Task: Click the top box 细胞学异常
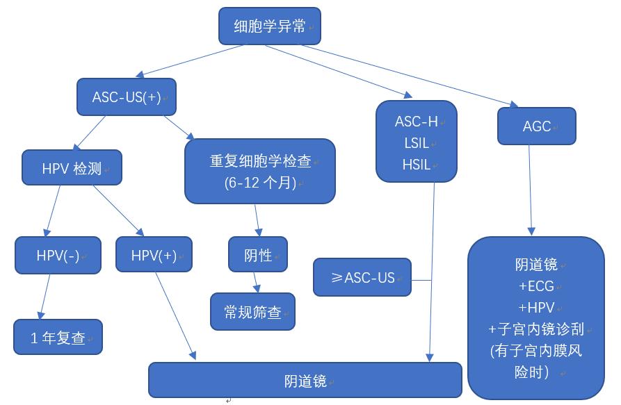click(x=270, y=26)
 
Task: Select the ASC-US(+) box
click(x=125, y=97)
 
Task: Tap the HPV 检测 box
click(x=71, y=167)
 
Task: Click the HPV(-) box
click(x=57, y=255)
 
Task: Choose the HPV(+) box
click(x=153, y=255)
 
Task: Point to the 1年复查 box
click(x=58, y=338)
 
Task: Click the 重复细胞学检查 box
click(x=259, y=171)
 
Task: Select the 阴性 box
click(x=257, y=255)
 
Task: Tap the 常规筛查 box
click(x=252, y=312)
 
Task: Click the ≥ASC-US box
click(x=362, y=277)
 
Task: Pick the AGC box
click(x=536, y=126)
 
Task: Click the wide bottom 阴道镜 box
click(x=305, y=380)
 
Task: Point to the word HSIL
click(x=417, y=165)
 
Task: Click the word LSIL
click(x=417, y=143)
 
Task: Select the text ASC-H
click(x=417, y=122)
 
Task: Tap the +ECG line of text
click(x=535, y=286)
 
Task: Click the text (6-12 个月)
click(x=260, y=183)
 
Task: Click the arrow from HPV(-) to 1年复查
click(x=44, y=295)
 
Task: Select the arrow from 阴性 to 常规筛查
click(x=256, y=281)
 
